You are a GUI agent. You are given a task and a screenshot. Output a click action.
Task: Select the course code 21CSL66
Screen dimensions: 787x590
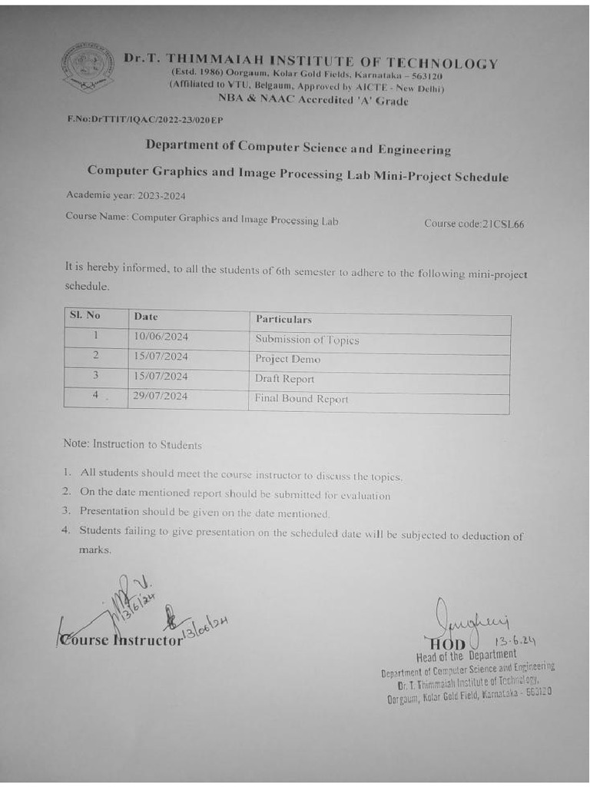coord(474,224)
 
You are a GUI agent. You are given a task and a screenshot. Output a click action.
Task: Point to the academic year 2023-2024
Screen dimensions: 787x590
coord(126,196)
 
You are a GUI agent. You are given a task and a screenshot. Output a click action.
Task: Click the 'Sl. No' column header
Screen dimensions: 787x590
coord(85,315)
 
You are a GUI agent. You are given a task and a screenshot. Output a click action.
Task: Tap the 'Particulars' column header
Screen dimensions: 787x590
coord(283,319)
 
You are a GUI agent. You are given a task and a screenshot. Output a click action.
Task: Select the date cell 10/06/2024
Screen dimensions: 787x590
coord(161,337)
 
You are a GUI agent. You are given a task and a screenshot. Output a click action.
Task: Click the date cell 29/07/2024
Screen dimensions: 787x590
coord(161,396)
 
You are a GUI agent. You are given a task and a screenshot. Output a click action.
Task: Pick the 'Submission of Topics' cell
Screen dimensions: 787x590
coord(307,340)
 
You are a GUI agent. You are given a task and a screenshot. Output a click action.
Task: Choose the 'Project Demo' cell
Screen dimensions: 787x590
coord(287,359)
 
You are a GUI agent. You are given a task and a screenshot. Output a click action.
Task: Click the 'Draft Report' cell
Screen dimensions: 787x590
coord(284,379)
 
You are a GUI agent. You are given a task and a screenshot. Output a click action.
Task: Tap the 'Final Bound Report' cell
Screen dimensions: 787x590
coord(301,399)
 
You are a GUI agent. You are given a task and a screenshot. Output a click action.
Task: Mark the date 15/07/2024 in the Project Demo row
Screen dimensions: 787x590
coord(161,356)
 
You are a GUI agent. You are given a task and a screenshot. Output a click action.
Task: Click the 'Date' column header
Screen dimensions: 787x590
coord(146,316)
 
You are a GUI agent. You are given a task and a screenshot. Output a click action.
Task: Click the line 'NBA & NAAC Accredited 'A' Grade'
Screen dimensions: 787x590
coord(313,100)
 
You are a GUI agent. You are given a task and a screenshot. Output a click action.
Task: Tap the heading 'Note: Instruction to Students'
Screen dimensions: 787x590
coord(133,444)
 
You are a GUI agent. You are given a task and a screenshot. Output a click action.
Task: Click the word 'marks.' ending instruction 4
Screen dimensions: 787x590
coord(95,550)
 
